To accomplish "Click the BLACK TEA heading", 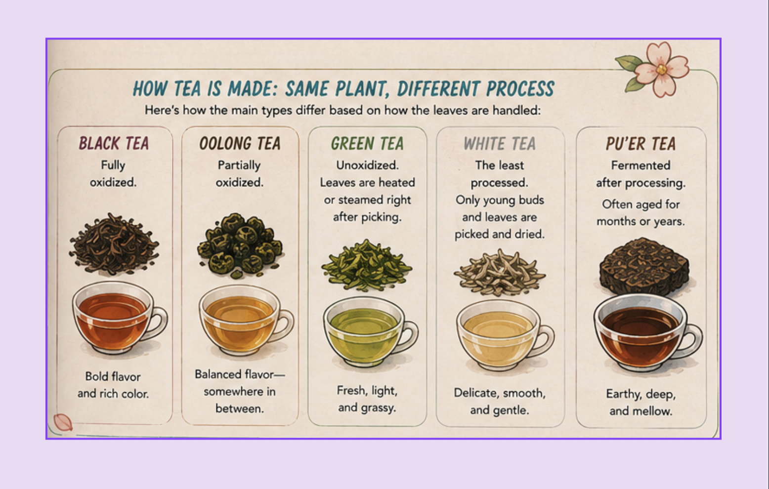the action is click(114, 143).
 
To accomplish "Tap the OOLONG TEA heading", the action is click(240, 143).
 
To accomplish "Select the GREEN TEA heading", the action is click(367, 143).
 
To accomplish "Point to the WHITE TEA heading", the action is click(500, 143).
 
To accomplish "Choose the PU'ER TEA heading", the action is click(641, 143).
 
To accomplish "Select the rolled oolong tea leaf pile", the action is click(240, 245).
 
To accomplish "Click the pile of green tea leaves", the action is click(366, 266).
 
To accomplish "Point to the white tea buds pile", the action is click(500, 273).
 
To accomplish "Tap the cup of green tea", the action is click(371, 332).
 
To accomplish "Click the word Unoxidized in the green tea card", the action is click(367, 165).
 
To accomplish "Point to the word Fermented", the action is click(641, 165).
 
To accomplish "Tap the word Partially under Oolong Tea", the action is click(239, 166).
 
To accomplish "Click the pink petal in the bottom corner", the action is click(63, 422).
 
